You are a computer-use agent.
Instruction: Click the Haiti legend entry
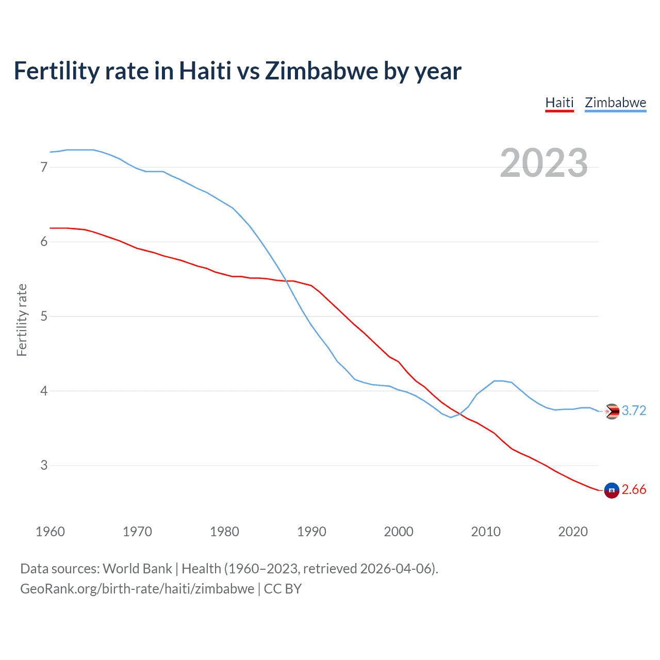pos(559,103)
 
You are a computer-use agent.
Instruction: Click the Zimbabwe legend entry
pos(615,103)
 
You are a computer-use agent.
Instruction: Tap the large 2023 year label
pos(543,163)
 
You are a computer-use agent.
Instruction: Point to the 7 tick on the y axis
pos(44,167)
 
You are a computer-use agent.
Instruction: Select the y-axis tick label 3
pos(44,465)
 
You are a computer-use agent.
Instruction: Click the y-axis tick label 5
pos(44,316)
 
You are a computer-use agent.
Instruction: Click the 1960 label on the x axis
pos(50,532)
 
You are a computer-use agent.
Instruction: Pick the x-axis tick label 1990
pos(311,532)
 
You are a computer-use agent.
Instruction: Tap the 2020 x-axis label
pos(573,532)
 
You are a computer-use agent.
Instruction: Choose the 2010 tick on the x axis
pos(486,532)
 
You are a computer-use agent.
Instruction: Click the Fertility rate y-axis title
pos(22,320)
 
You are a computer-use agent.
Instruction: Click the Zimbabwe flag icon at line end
pos(612,411)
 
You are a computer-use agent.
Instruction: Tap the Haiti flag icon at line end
pos(612,490)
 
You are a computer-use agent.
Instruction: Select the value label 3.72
pos(634,410)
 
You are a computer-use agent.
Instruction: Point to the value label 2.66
pos(634,490)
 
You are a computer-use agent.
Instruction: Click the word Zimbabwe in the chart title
pos(321,71)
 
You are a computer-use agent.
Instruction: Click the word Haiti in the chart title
pos(205,71)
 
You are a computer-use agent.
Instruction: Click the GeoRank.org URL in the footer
pos(137,589)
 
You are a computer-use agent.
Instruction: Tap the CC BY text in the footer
pos(283,589)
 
